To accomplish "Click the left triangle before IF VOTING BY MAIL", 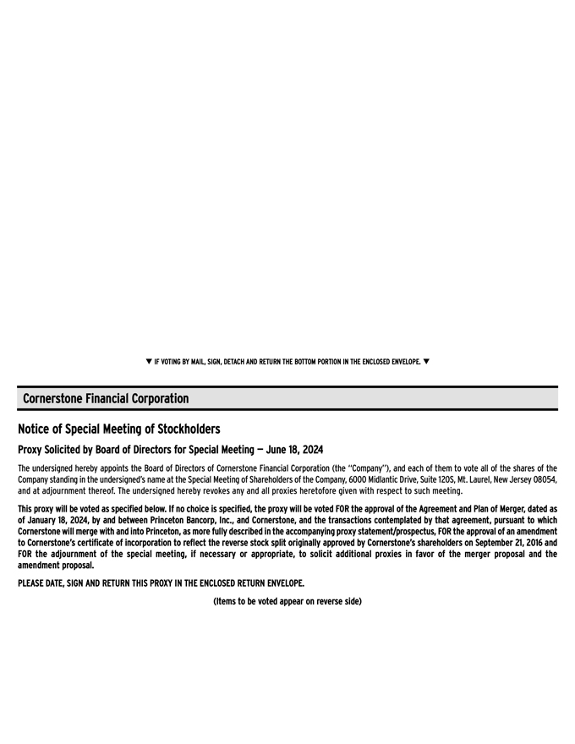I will point(149,362).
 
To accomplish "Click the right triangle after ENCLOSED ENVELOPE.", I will point(426,362).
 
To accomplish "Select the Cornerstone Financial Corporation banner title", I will point(106,398).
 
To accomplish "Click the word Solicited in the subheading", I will point(74,449).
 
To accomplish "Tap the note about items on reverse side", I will point(287,601).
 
